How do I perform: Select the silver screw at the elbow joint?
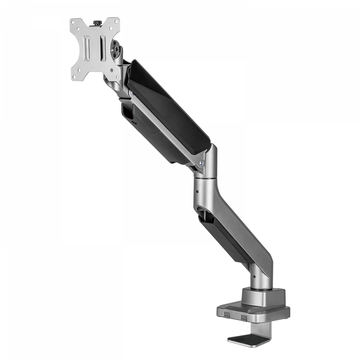[202, 163]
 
